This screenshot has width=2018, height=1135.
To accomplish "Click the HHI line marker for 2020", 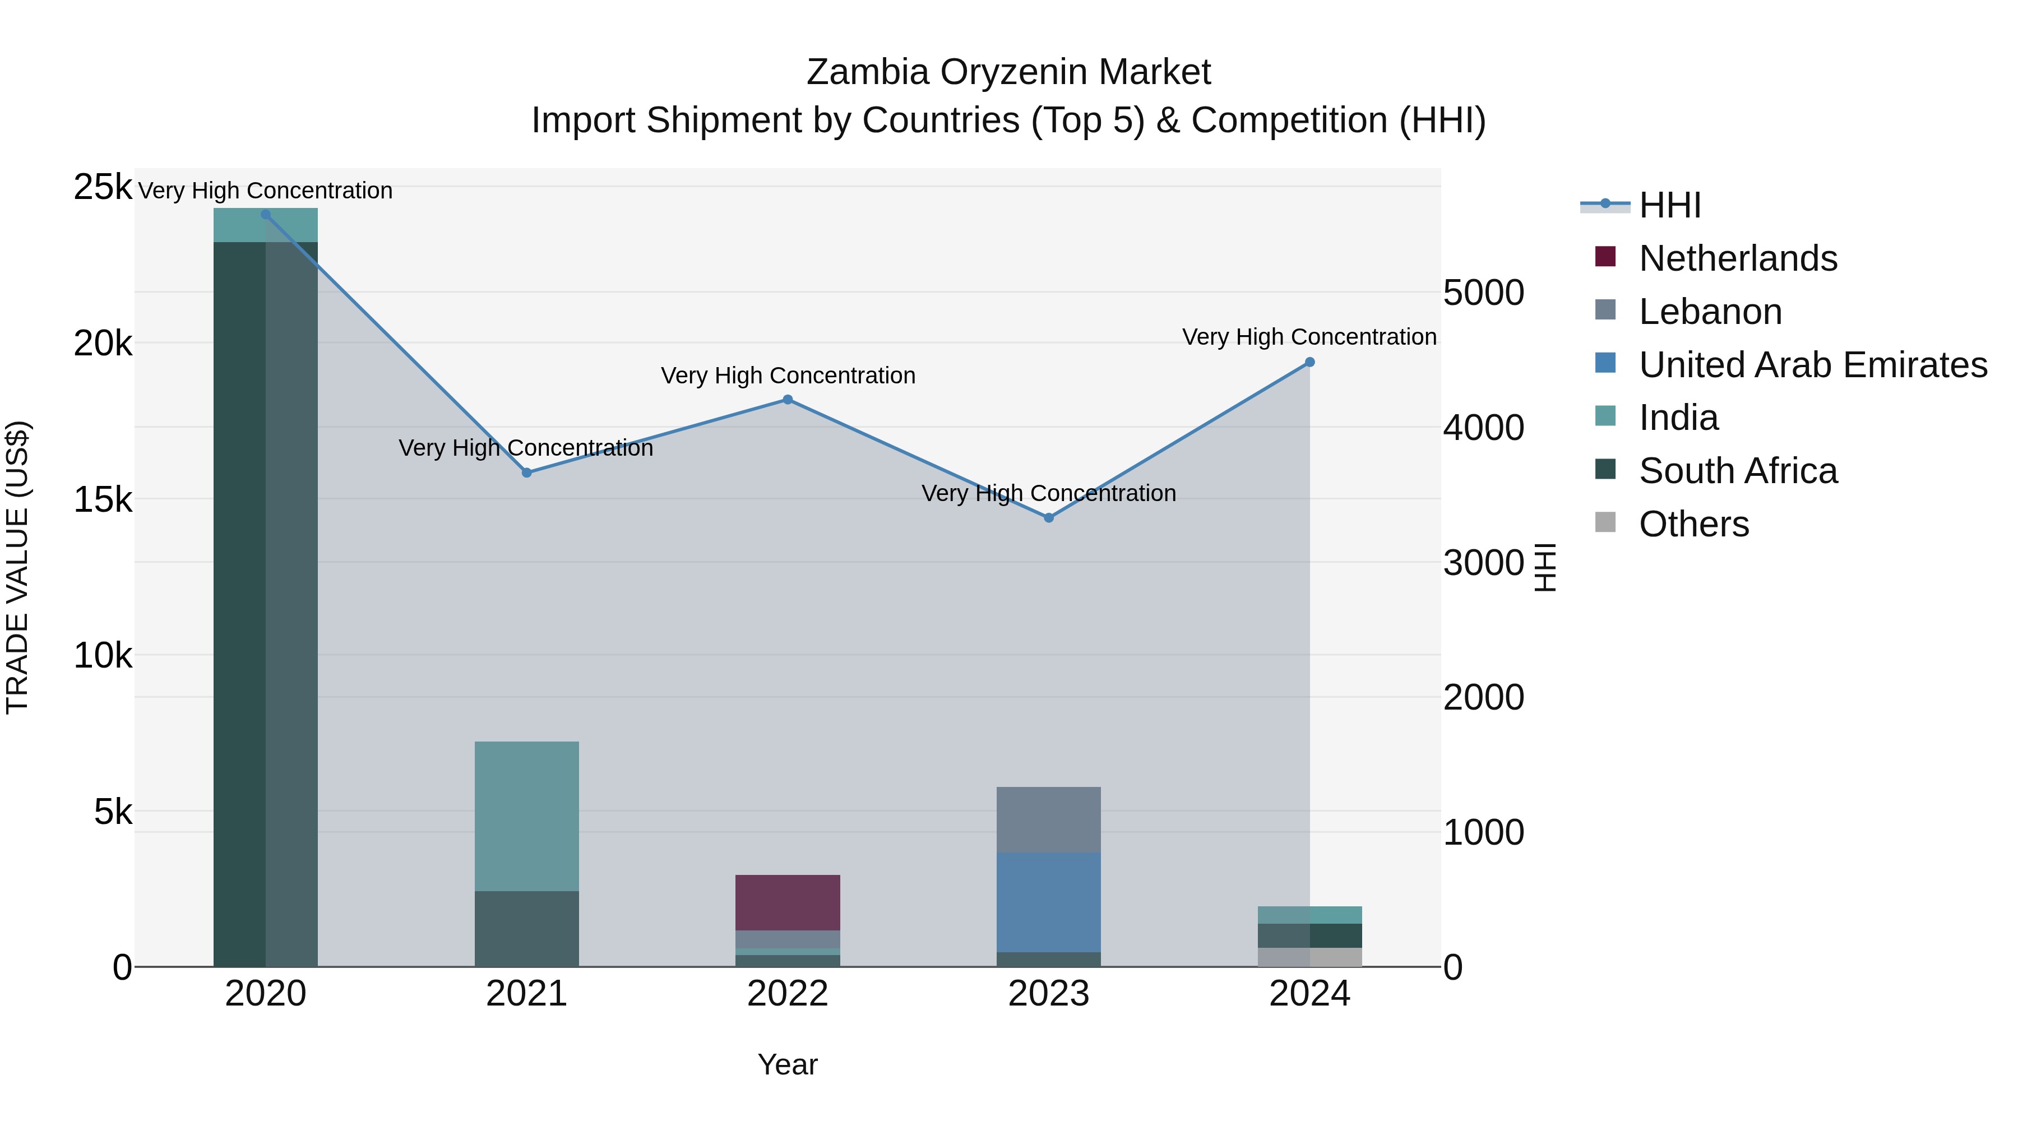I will (266, 215).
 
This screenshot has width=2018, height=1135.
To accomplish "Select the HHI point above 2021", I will (526, 473).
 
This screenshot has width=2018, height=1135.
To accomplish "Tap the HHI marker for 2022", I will (788, 400).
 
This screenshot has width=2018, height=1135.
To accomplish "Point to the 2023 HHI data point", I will (1049, 518).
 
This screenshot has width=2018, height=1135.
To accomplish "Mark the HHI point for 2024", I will (1310, 363).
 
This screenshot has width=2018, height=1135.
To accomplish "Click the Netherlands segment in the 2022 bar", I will (788, 902).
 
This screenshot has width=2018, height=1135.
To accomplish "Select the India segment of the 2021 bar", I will (526, 816).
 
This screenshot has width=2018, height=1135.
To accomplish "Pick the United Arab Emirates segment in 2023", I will (1049, 902).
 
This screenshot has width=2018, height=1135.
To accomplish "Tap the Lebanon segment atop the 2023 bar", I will (1049, 819).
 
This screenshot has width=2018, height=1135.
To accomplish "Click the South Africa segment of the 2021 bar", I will (526, 929).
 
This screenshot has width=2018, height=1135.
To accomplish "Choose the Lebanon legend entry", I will (1710, 312).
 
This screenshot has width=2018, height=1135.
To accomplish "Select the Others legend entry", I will (1693, 524).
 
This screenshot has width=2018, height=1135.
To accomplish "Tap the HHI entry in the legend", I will (1669, 205).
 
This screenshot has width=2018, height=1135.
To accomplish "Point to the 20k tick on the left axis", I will (103, 343).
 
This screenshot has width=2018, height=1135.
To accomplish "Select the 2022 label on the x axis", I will (788, 994).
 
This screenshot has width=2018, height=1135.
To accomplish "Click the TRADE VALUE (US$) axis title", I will (17, 567).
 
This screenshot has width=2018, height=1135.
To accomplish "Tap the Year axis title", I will (788, 1064).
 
